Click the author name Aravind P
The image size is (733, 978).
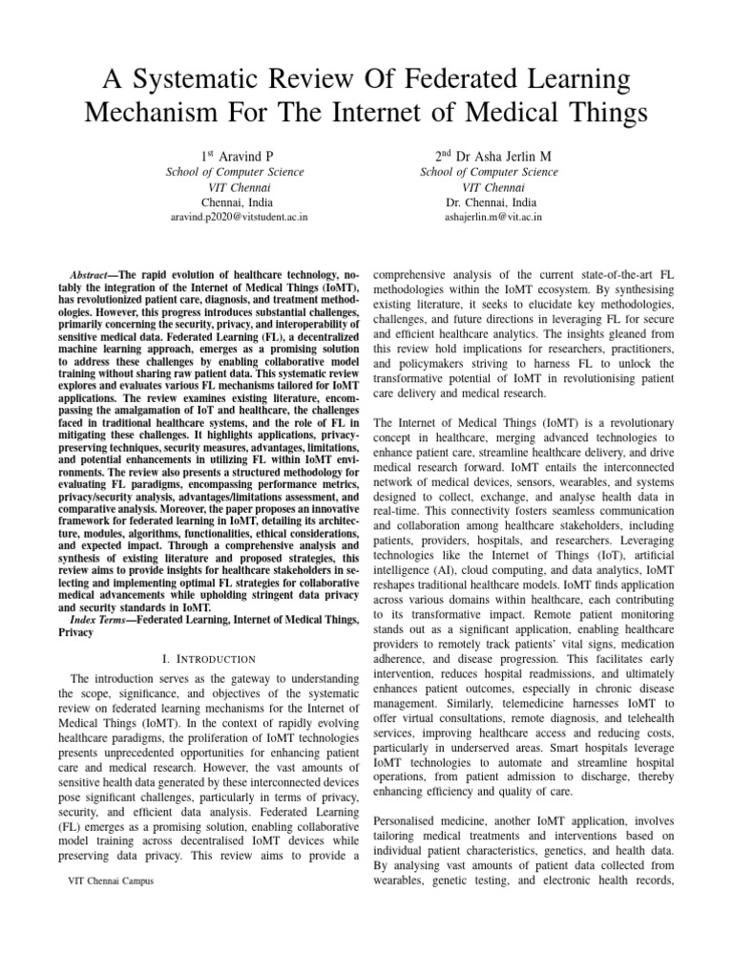coord(243,154)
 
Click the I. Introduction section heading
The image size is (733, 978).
coord(208,659)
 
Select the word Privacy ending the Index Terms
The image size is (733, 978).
coord(76,633)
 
